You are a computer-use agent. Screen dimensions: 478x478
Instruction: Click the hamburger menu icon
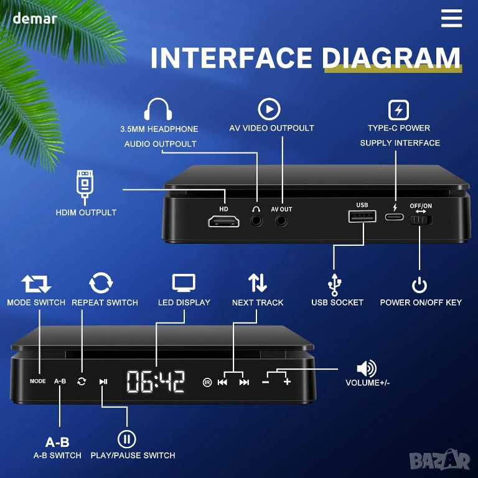[x=451, y=18]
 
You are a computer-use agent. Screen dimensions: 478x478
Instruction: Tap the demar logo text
[x=35, y=18]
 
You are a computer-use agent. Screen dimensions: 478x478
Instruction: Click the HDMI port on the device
[x=224, y=222]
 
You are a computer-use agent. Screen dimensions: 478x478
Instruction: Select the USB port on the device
[x=362, y=216]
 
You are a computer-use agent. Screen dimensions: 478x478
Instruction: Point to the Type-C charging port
[x=394, y=217]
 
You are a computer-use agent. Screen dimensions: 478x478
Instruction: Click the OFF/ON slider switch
[x=421, y=220]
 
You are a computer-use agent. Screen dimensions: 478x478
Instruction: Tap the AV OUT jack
[x=281, y=220]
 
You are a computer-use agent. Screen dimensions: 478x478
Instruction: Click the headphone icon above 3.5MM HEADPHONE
[x=158, y=109]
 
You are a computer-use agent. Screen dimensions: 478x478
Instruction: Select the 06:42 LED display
[x=156, y=382]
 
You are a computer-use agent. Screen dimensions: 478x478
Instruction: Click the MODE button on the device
[x=38, y=381]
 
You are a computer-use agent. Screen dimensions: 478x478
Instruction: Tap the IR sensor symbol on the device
[x=207, y=382]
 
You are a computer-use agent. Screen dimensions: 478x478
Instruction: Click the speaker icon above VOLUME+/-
[x=367, y=368]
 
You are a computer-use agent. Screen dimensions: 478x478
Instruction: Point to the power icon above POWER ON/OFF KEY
[x=419, y=285]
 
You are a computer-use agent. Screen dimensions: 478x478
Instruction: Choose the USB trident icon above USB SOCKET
[x=334, y=284]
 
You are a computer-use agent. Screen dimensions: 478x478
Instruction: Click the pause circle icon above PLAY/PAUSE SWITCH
[x=127, y=439]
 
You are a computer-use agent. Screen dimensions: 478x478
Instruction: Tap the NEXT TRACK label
[x=258, y=302]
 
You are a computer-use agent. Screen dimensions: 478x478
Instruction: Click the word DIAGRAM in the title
[x=391, y=58]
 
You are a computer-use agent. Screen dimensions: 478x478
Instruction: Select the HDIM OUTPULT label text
[x=86, y=212]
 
